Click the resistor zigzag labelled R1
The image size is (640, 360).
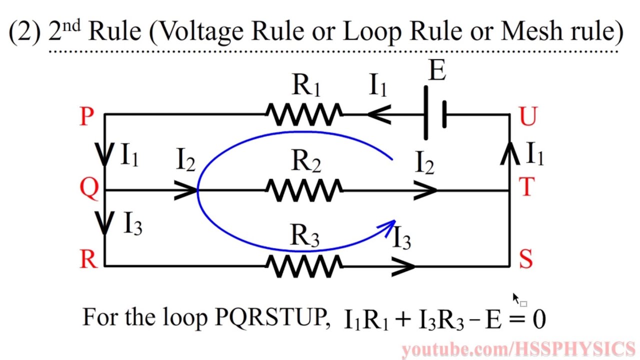pyautogui.click(x=304, y=114)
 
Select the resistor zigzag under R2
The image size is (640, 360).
pyautogui.click(x=304, y=190)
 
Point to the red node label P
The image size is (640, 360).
pyautogui.click(x=86, y=116)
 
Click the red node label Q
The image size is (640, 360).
pyautogui.click(x=89, y=189)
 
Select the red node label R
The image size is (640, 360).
pyautogui.click(x=88, y=259)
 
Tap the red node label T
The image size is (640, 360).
pyautogui.click(x=526, y=188)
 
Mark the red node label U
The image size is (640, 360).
pyautogui.click(x=528, y=116)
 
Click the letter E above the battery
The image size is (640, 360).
pyautogui.click(x=437, y=71)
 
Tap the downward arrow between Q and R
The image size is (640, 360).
pyautogui.click(x=104, y=223)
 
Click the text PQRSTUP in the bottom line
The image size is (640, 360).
pyautogui.click(x=270, y=317)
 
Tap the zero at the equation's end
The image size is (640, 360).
pyautogui.click(x=539, y=319)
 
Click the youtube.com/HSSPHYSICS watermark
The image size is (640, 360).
pyautogui.click(x=518, y=349)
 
